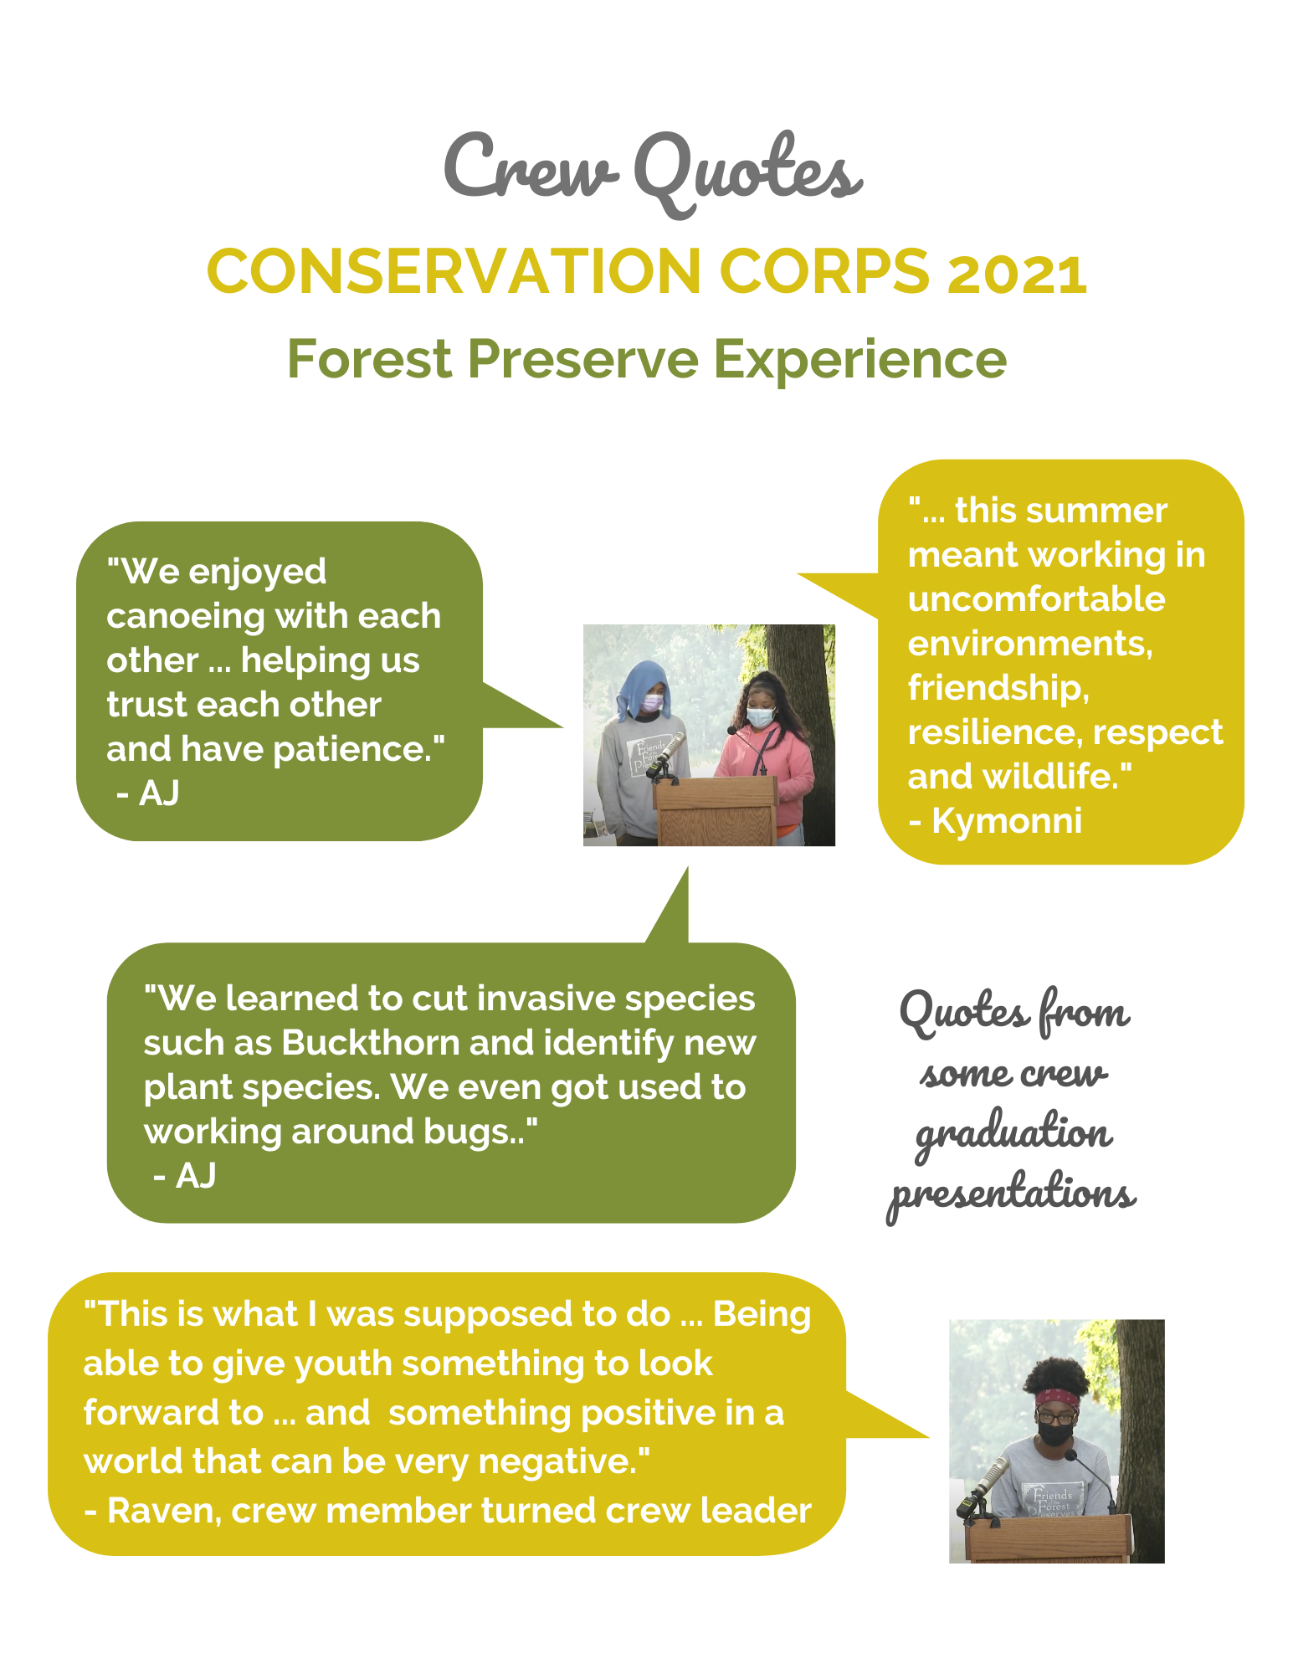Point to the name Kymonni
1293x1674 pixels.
(x=1007, y=821)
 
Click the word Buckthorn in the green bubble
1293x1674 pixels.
(x=370, y=1043)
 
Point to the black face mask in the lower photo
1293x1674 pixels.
(x=1056, y=1433)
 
